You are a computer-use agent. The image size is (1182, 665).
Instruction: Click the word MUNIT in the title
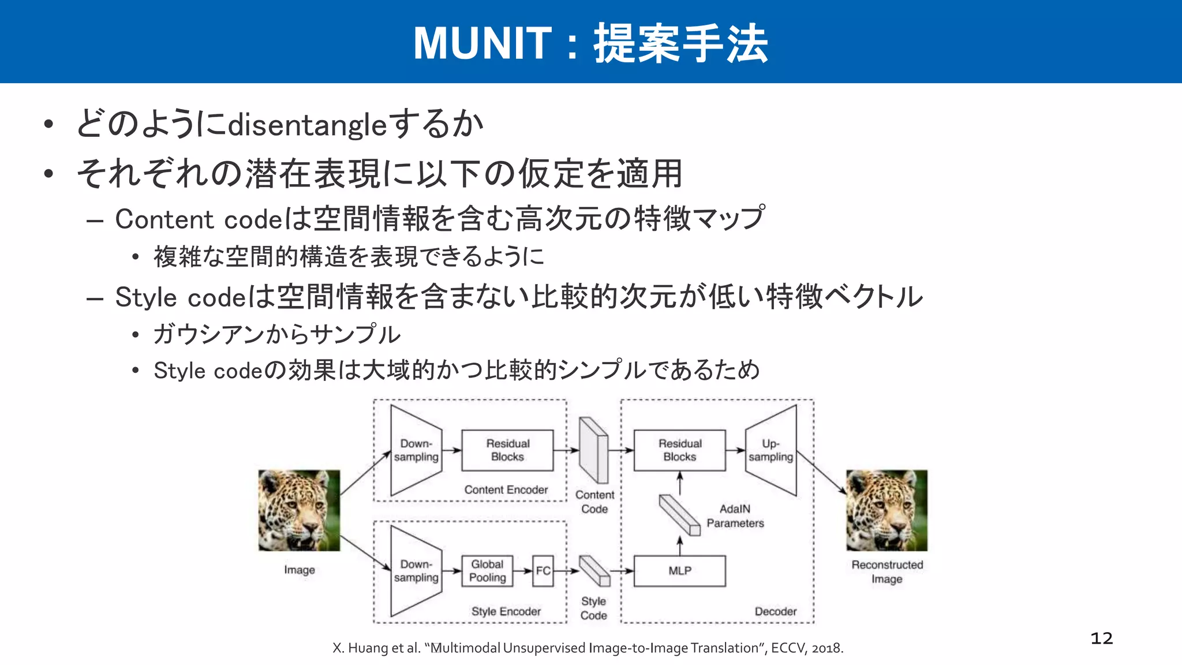482,43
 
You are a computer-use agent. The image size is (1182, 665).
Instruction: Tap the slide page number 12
1101,638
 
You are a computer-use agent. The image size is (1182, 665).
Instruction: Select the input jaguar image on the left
299,510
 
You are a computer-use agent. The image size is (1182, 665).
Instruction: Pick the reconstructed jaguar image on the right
886,510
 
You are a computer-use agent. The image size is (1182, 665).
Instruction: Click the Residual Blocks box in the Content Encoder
507,450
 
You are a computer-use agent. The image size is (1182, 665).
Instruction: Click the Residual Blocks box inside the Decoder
679,450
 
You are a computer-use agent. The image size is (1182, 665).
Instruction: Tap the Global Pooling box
487,571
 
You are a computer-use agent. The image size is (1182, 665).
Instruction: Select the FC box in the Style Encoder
543,571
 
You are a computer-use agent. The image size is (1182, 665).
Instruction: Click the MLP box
679,571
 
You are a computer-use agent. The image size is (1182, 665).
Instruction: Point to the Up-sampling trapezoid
771,450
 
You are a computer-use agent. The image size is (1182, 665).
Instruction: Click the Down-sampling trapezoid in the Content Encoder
416,450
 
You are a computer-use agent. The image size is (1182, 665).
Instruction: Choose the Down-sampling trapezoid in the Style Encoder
416,571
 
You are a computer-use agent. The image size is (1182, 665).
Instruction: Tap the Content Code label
594,502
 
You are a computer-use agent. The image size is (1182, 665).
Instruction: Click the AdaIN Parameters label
735,516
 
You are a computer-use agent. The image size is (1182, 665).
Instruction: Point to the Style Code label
593,608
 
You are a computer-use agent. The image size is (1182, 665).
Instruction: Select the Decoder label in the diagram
775,611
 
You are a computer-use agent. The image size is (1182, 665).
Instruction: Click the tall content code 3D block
594,450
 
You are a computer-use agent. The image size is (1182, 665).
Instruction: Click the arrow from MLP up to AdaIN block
680,546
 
